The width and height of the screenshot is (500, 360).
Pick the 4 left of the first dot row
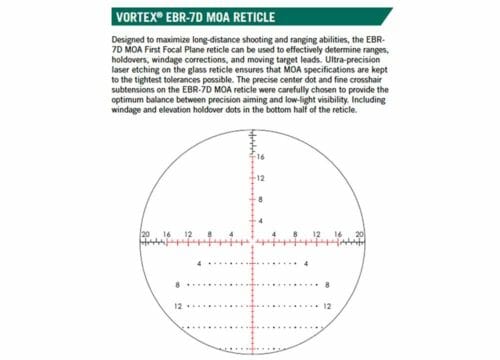point(199,263)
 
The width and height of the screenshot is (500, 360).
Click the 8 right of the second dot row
point(328,285)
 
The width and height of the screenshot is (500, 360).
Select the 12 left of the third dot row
point(177,306)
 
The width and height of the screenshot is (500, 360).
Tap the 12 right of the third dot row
point(330,306)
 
